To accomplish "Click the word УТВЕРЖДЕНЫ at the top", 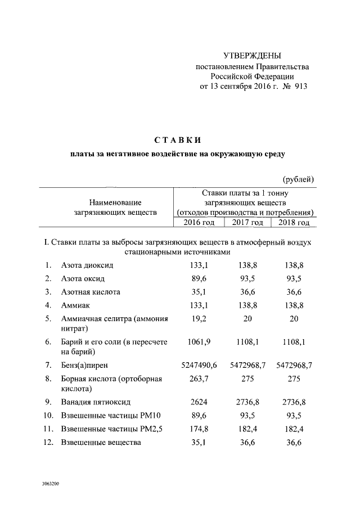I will pyautogui.click(x=252, y=56).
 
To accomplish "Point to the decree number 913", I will pyautogui.click(x=300, y=87).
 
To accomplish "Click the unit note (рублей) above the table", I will pyautogui.click(x=299, y=179).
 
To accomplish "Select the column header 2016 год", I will pyautogui.click(x=199, y=223).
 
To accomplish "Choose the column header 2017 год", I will pyautogui.click(x=247, y=223).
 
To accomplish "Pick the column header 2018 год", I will pyautogui.click(x=294, y=223).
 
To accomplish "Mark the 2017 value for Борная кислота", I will pyautogui.click(x=247, y=379).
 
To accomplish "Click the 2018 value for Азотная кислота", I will pyautogui.click(x=294, y=292).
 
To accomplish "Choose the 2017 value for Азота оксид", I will pyautogui.click(x=247, y=278).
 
